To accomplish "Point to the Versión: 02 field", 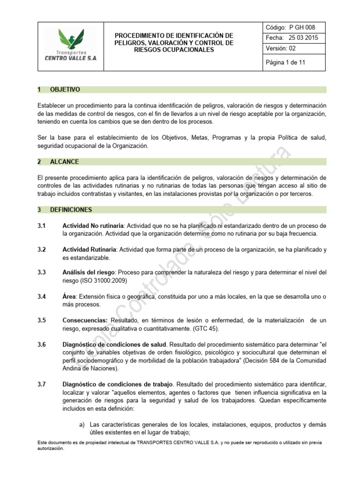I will [281, 48].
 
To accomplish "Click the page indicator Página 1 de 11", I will [285, 61].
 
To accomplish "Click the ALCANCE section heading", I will [64, 162].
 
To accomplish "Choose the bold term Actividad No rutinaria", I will [93, 226].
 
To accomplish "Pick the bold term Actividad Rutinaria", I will [89, 250].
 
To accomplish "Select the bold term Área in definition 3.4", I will [69, 297].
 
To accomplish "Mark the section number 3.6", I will [41, 345].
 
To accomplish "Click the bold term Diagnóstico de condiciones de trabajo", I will [118, 384].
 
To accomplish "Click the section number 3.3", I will [41, 272].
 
